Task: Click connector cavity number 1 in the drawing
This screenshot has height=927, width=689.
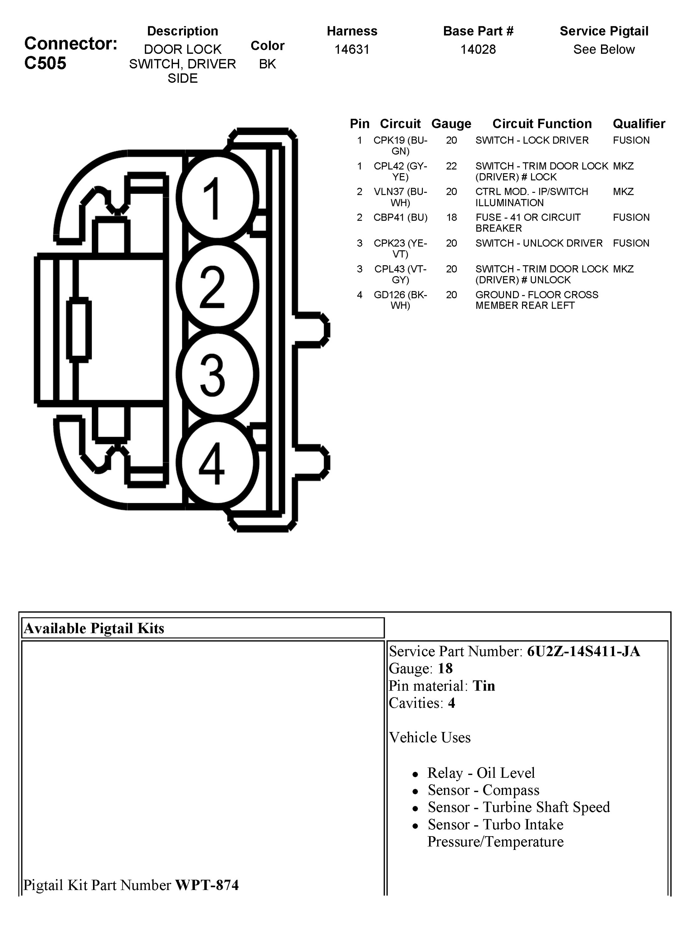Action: click(217, 198)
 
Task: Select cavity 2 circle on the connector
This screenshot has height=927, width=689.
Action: click(217, 286)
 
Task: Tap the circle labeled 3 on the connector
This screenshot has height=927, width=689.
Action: click(217, 374)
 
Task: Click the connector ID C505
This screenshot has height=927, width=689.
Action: click(45, 63)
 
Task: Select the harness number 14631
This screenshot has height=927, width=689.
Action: click(352, 50)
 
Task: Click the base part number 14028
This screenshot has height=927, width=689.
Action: click(478, 50)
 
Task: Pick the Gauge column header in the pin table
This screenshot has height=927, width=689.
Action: click(451, 124)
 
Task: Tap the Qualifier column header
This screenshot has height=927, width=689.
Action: click(638, 124)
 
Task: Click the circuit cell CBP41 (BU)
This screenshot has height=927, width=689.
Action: click(400, 217)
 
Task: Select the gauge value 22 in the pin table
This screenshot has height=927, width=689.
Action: click(451, 166)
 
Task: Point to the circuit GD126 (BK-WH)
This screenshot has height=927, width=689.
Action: click(400, 300)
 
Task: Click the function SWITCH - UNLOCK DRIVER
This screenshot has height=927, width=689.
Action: click(539, 243)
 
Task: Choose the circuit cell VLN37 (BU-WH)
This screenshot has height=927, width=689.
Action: click(400, 197)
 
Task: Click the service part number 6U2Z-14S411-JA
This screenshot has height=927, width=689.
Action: click(583, 651)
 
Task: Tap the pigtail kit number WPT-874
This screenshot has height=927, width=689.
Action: click(207, 885)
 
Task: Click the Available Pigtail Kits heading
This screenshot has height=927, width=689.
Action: click(94, 628)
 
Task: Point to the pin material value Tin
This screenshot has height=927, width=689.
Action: click(484, 686)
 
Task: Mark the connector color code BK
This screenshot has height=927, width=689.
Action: click(267, 64)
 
